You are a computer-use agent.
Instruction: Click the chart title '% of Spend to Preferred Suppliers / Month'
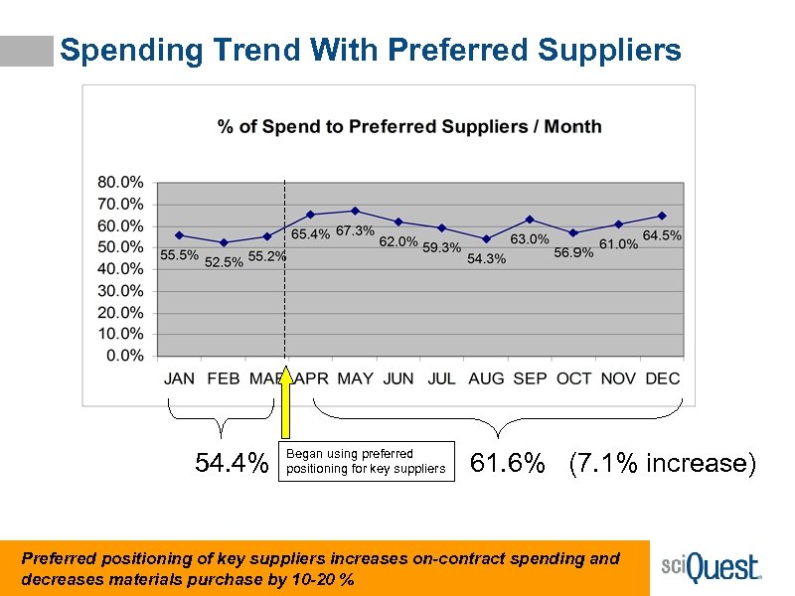(x=409, y=126)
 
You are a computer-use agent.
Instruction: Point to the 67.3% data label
(x=355, y=231)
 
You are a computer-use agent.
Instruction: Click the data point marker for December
(x=662, y=216)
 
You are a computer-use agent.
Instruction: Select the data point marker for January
(x=179, y=235)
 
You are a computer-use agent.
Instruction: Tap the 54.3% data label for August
(x=486, y=258)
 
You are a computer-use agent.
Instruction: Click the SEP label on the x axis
(x=531, y=378)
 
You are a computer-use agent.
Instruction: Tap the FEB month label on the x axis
(x=224, y=378)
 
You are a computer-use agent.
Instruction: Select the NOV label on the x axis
(x=618, y=378)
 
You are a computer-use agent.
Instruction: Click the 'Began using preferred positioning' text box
(x=367, y=461)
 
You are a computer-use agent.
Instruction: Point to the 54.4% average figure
(x=232, y=464)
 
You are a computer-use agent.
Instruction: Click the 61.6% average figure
(x=508, y=464)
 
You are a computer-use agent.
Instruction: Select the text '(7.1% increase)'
(x=662, y=464)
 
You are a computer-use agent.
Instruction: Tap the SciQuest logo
(x=712, y=568)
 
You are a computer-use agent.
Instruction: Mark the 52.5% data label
(x=224, y=262)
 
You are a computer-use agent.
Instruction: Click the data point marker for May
(x=355, y=211)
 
